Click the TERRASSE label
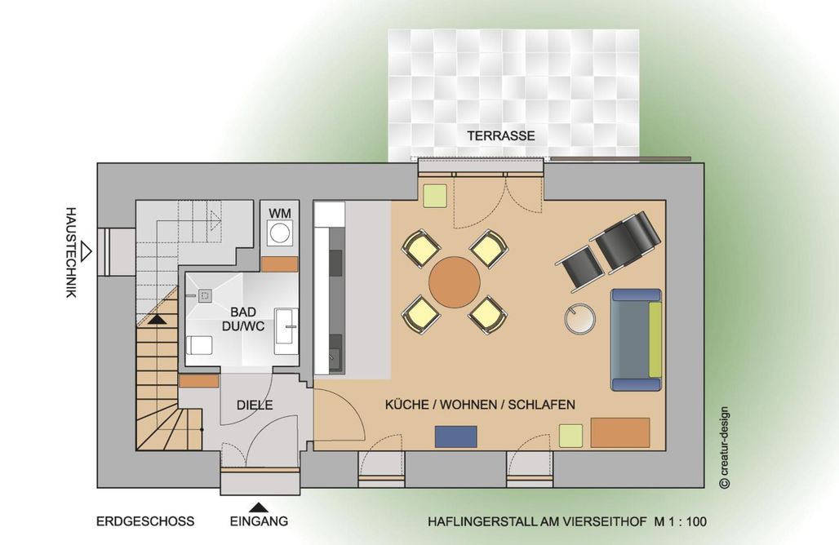pyautogui.click(x=501, y=136)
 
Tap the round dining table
pyautogui.click(x=455, y=282)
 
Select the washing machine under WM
pyautogui.click(x=279, y=233)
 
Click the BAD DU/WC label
pyautogui.click(x=243, y=319)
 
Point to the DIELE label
pyautogui.click(x=255, y=405)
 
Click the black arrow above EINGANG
pyautogui.click(x=259, y=507)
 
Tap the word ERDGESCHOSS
pyautogui.click(x=145, y=521)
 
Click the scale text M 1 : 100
pyautogui.click(x=680, y=521)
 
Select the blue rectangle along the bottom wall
pyautogui.click(x=456, y=436)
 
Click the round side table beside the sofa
pyautogui.click(x=580, y=319)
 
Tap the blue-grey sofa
pyautogui.click(x=637, y=339)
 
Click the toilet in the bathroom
pyautogui.click(x=199, y=345)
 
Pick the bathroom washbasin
pyautogui.click(x=286, y=331)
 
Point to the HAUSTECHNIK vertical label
pyautogui.click(x=71, y=252)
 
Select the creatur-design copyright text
pyautogui.click(x=725, y=448)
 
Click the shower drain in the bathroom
pyautogui.click(x=205, y=296)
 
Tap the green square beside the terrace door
pyautogui.click(x=435, y=196)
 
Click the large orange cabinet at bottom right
pyautogui.click(x=620, y=432)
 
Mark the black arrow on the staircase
pyautogui.click(x=157, y=319)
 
